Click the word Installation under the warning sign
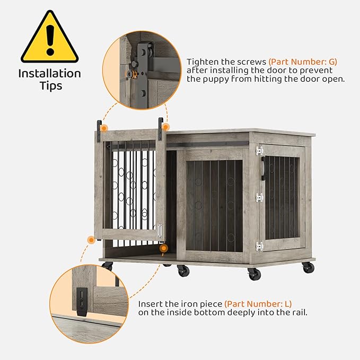tap(49, 74)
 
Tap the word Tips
tap(49, 86)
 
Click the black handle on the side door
tap(263, 169)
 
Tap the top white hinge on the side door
tap(259, 151)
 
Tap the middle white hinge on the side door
tap(259, 198)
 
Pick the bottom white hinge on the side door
tap(259, 246)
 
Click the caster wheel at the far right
tap(309, 267)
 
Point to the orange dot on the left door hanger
tap(104, 128)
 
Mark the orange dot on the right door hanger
tap(165, 127)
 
